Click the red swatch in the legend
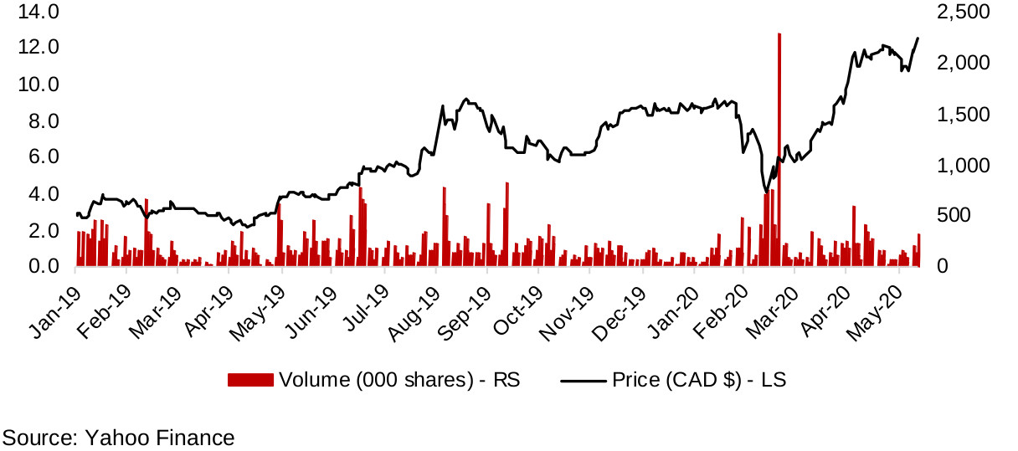[250, 380]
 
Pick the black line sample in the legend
[583, 380]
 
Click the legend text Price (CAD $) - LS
[699, 380]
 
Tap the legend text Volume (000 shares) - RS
[399, 380]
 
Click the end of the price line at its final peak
[918, 38]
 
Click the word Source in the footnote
[37, 437]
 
